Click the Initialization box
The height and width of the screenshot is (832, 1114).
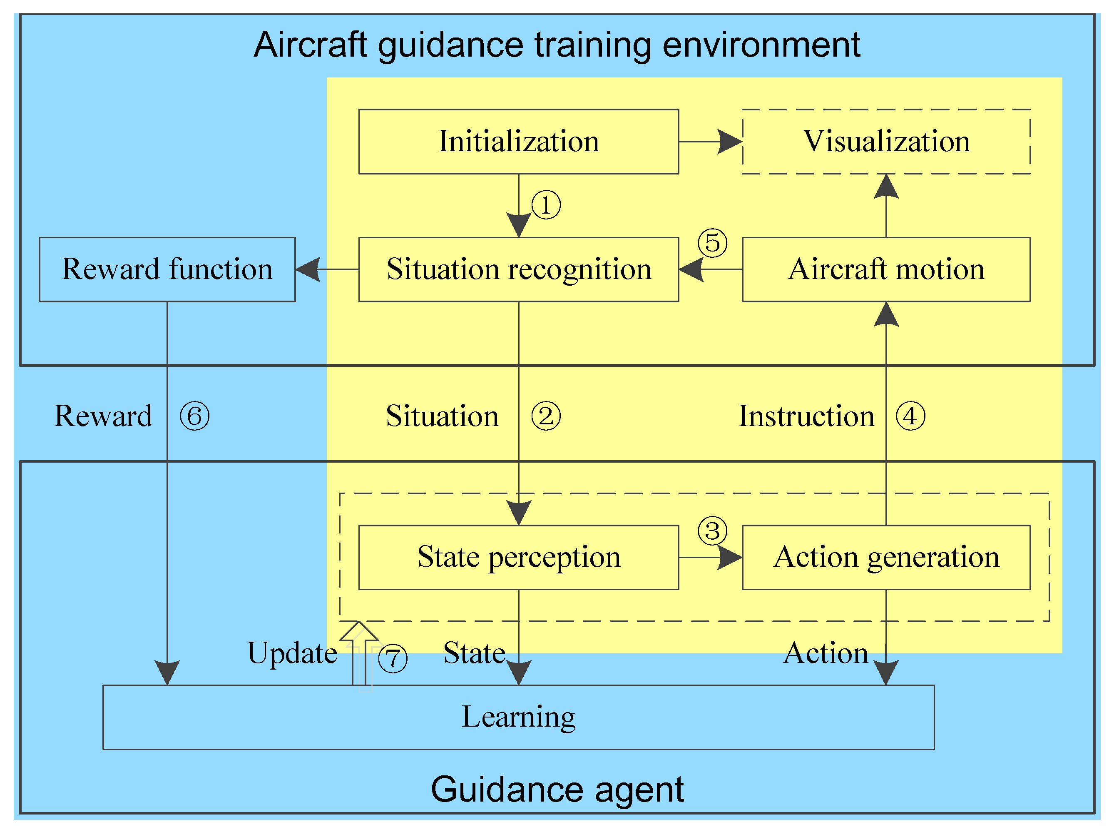[518, 142]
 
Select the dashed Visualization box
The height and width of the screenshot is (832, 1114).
[886, 142]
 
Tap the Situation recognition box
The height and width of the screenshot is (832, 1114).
[518, 269]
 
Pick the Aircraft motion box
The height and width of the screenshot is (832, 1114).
[886, 269]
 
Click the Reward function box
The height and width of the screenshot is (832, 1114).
[167, 269]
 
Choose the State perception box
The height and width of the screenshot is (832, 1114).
[518, 558]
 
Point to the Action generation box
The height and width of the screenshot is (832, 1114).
[886, 558]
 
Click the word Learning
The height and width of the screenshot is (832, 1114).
[518, 717]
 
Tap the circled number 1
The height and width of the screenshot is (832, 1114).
[546, 205]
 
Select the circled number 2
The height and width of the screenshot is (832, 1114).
[546, 416]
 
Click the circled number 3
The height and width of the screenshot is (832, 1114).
[712, 531]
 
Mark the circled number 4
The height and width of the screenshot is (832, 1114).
[910, 416]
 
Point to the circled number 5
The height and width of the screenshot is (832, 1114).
[712, 243]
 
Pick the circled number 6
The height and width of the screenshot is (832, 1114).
[194, 416]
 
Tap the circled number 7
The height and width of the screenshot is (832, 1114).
[392, 659]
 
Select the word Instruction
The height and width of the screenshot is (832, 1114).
[806, 416]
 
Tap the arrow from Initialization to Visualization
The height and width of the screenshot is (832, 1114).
[710, 142]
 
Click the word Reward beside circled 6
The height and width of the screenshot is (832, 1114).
[103, 416]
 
